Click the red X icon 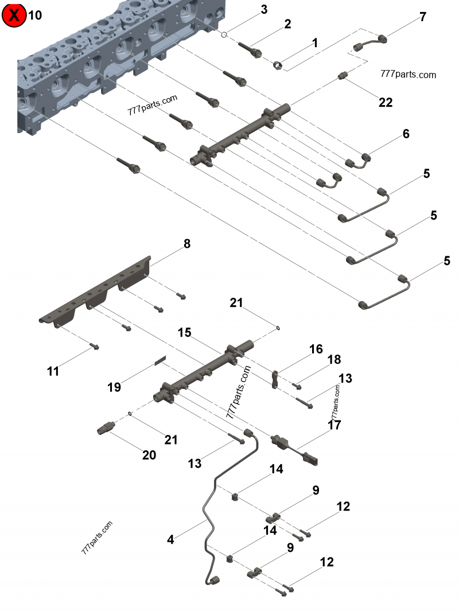[14, 15]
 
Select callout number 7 [423, 17]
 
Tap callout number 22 [386, 102]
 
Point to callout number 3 [263, 9]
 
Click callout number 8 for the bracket [187, 244]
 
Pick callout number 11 [53, 371]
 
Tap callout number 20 [150, 455]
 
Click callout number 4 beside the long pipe [170, 539]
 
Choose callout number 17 [334, 425]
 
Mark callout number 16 [316, 349]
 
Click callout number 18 [334, 360]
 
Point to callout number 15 [184, 333]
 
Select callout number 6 [406, 134]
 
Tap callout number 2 [287, 24]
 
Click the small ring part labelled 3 [225, 34]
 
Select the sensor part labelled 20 [107, 428]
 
